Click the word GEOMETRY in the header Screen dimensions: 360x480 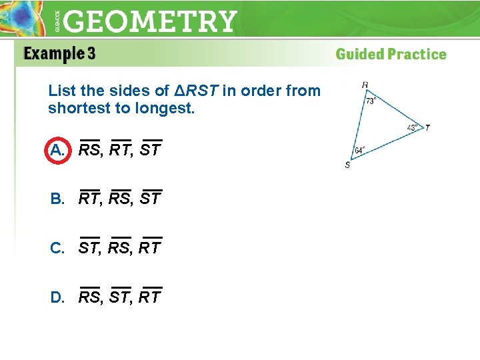[151, 21]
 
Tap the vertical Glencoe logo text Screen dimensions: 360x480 [57, 22]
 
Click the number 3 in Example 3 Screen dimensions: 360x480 [90, 55]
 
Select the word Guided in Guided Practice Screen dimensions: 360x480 [359, 55]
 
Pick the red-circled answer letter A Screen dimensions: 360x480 [57, 150]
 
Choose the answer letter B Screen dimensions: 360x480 [57, 199]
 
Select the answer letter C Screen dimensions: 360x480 [57, 248]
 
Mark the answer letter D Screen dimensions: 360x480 [57, 297]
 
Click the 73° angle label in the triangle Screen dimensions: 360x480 [371, 101]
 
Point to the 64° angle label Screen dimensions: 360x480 [360, 151]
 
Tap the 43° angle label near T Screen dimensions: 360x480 [413, 128]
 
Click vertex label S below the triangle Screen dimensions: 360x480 [347, 165]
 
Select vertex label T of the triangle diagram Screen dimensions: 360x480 [427, 127]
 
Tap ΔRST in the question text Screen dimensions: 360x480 [192, 90]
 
